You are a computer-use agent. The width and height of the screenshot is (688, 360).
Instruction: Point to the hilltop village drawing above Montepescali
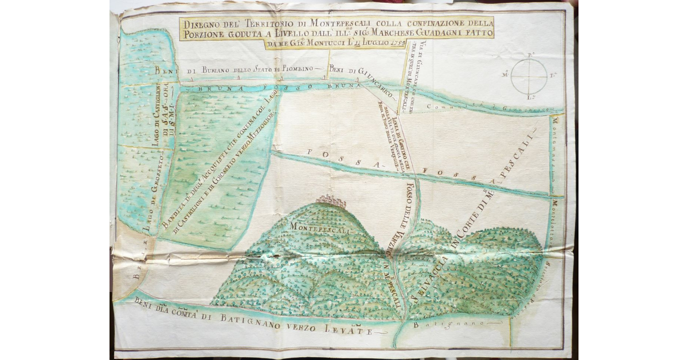(x=331, y=200)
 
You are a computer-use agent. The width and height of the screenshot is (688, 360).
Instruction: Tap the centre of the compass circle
(x=527, y=76)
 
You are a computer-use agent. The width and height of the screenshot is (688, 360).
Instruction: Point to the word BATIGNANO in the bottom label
(x=269, y=325)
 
